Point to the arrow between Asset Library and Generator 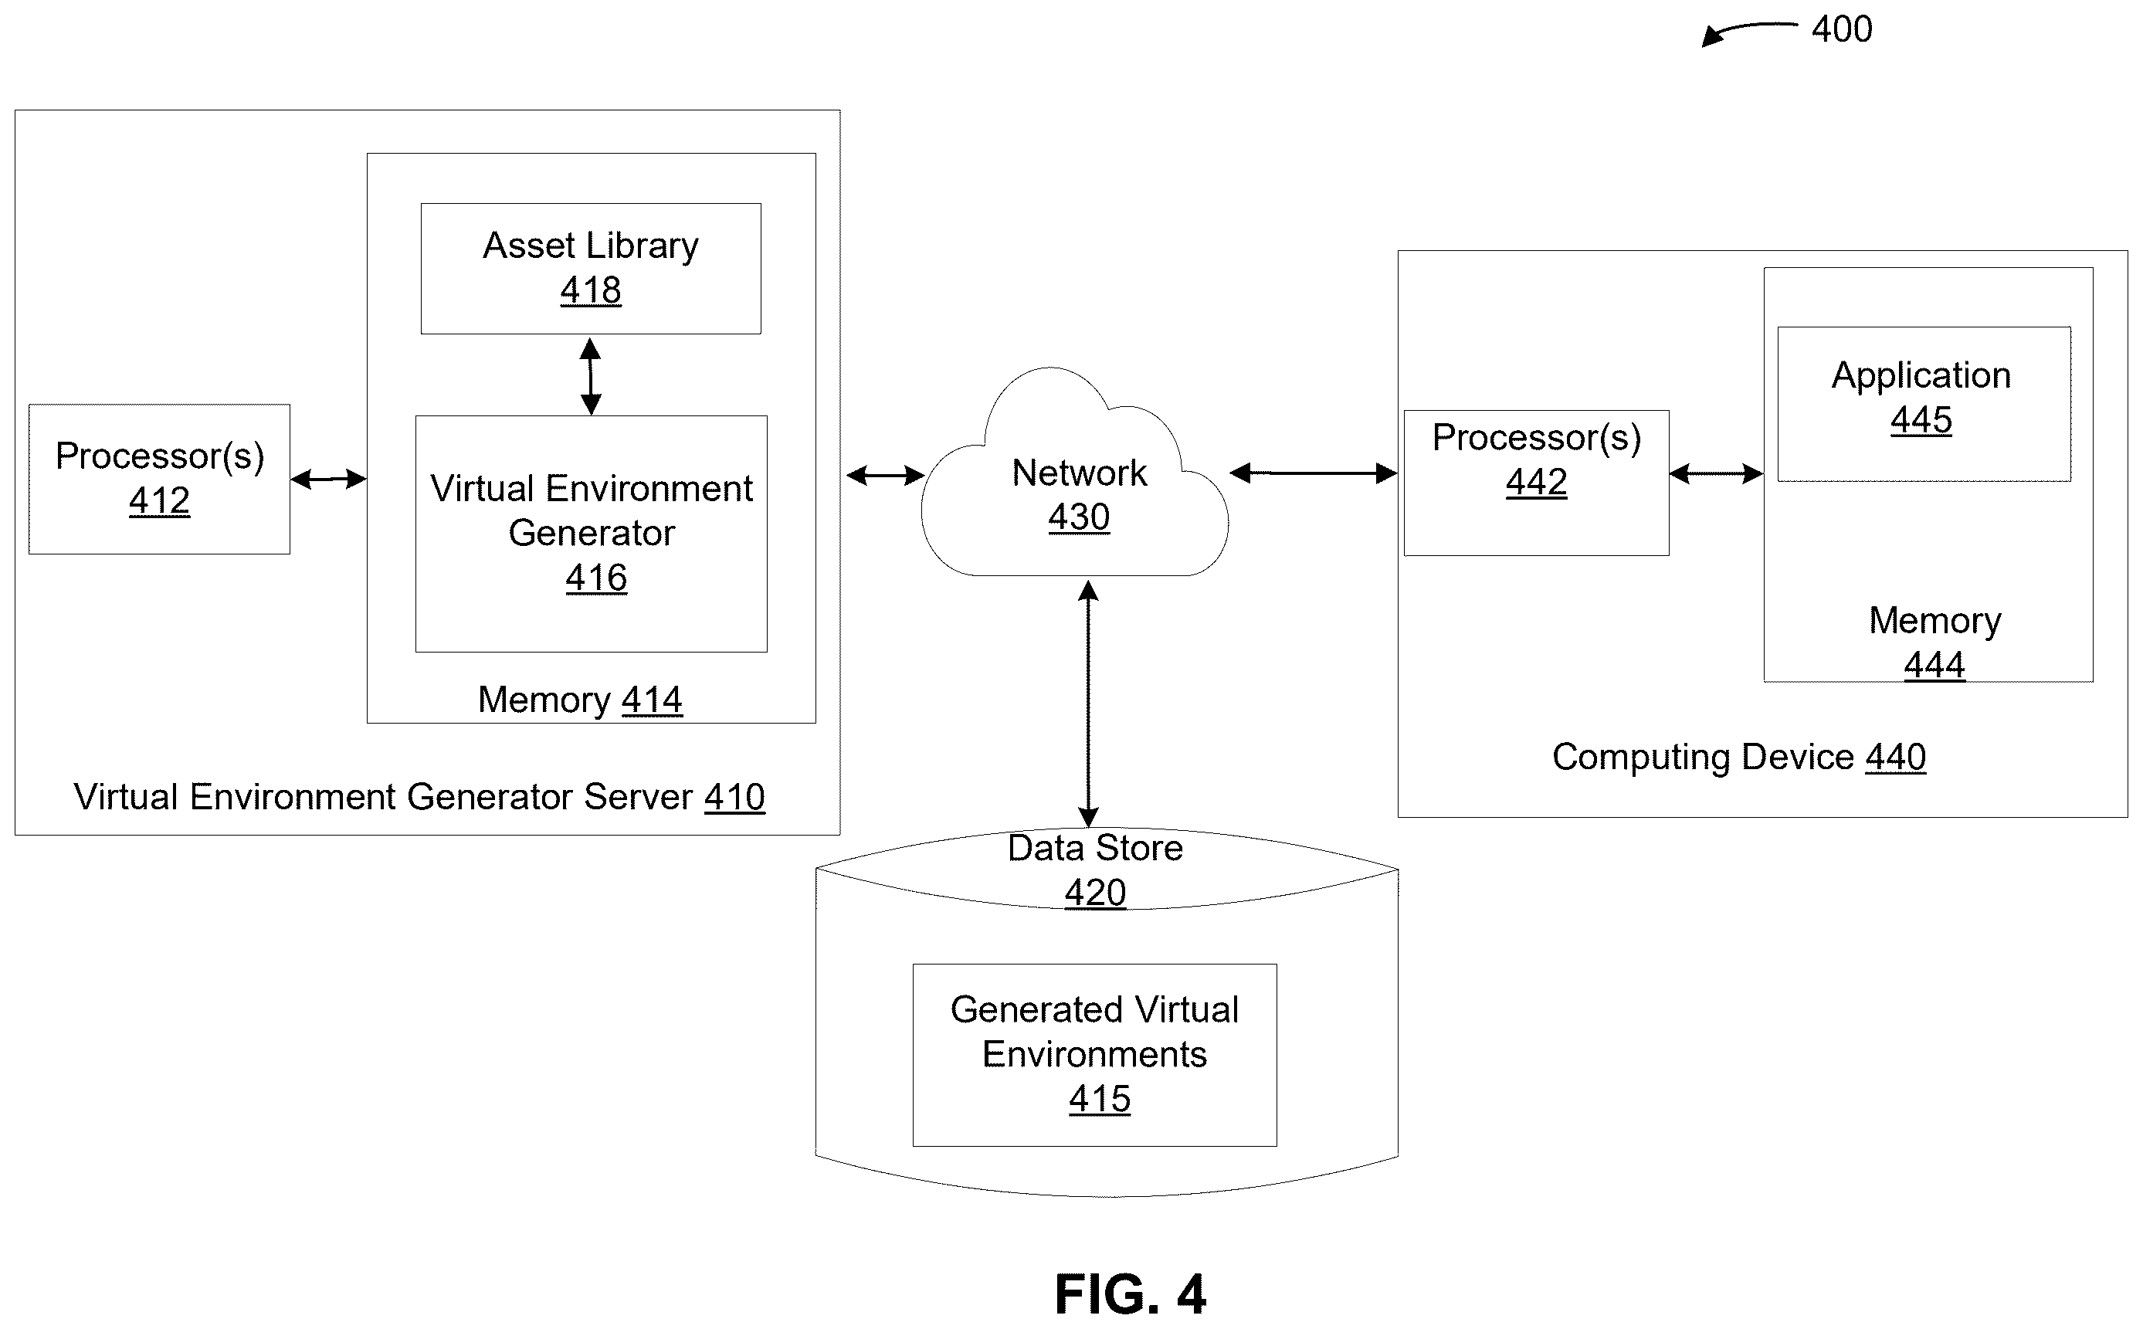(591, 376)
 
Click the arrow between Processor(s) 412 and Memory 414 (328, 479)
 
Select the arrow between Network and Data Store (1088, 704)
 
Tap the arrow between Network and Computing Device (1314, 474)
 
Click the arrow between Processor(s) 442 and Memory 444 (1716, 474)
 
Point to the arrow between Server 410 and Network (885, 476)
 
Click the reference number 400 (1842, 29)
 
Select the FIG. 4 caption (1131, 1293)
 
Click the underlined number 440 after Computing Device (1895, 757)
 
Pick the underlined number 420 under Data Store (1095, 893)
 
